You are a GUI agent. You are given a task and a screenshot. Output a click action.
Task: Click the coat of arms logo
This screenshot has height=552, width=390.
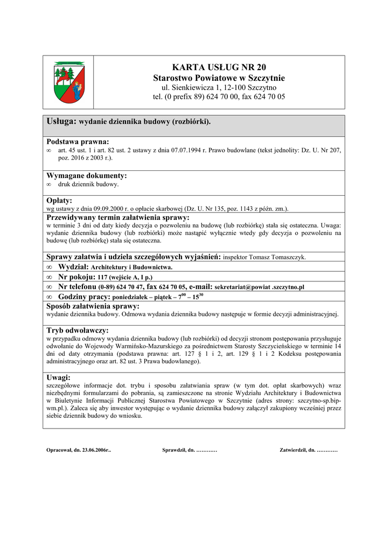coord(68,82)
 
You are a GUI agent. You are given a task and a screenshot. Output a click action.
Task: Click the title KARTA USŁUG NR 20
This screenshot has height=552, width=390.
coord(219,67)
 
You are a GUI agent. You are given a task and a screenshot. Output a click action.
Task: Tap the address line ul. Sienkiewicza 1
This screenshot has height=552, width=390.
coord(219,87)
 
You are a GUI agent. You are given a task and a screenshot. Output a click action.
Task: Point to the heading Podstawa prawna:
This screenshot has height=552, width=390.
coord(78,141)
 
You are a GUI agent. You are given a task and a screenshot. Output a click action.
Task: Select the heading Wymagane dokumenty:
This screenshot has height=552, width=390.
coord(87,176)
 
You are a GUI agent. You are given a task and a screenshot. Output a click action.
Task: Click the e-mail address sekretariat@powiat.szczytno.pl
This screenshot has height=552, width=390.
coord(260,287)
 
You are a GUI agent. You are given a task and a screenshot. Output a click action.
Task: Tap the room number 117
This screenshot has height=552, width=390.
coord(103,278)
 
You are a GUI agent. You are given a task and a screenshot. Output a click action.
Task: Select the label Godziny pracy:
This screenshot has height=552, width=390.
coord(84,297)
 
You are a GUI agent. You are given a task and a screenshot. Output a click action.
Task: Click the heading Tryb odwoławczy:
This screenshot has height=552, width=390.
coord(78,330)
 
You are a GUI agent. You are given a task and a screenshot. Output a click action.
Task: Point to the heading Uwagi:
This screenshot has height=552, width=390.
coord(59,378)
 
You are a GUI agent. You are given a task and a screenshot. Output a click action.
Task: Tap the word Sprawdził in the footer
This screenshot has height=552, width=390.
coord(173,450)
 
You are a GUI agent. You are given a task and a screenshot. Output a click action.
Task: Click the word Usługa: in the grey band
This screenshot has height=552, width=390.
coord(62,122)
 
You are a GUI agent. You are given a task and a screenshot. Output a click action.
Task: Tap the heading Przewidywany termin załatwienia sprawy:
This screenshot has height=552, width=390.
coord(118,217)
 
